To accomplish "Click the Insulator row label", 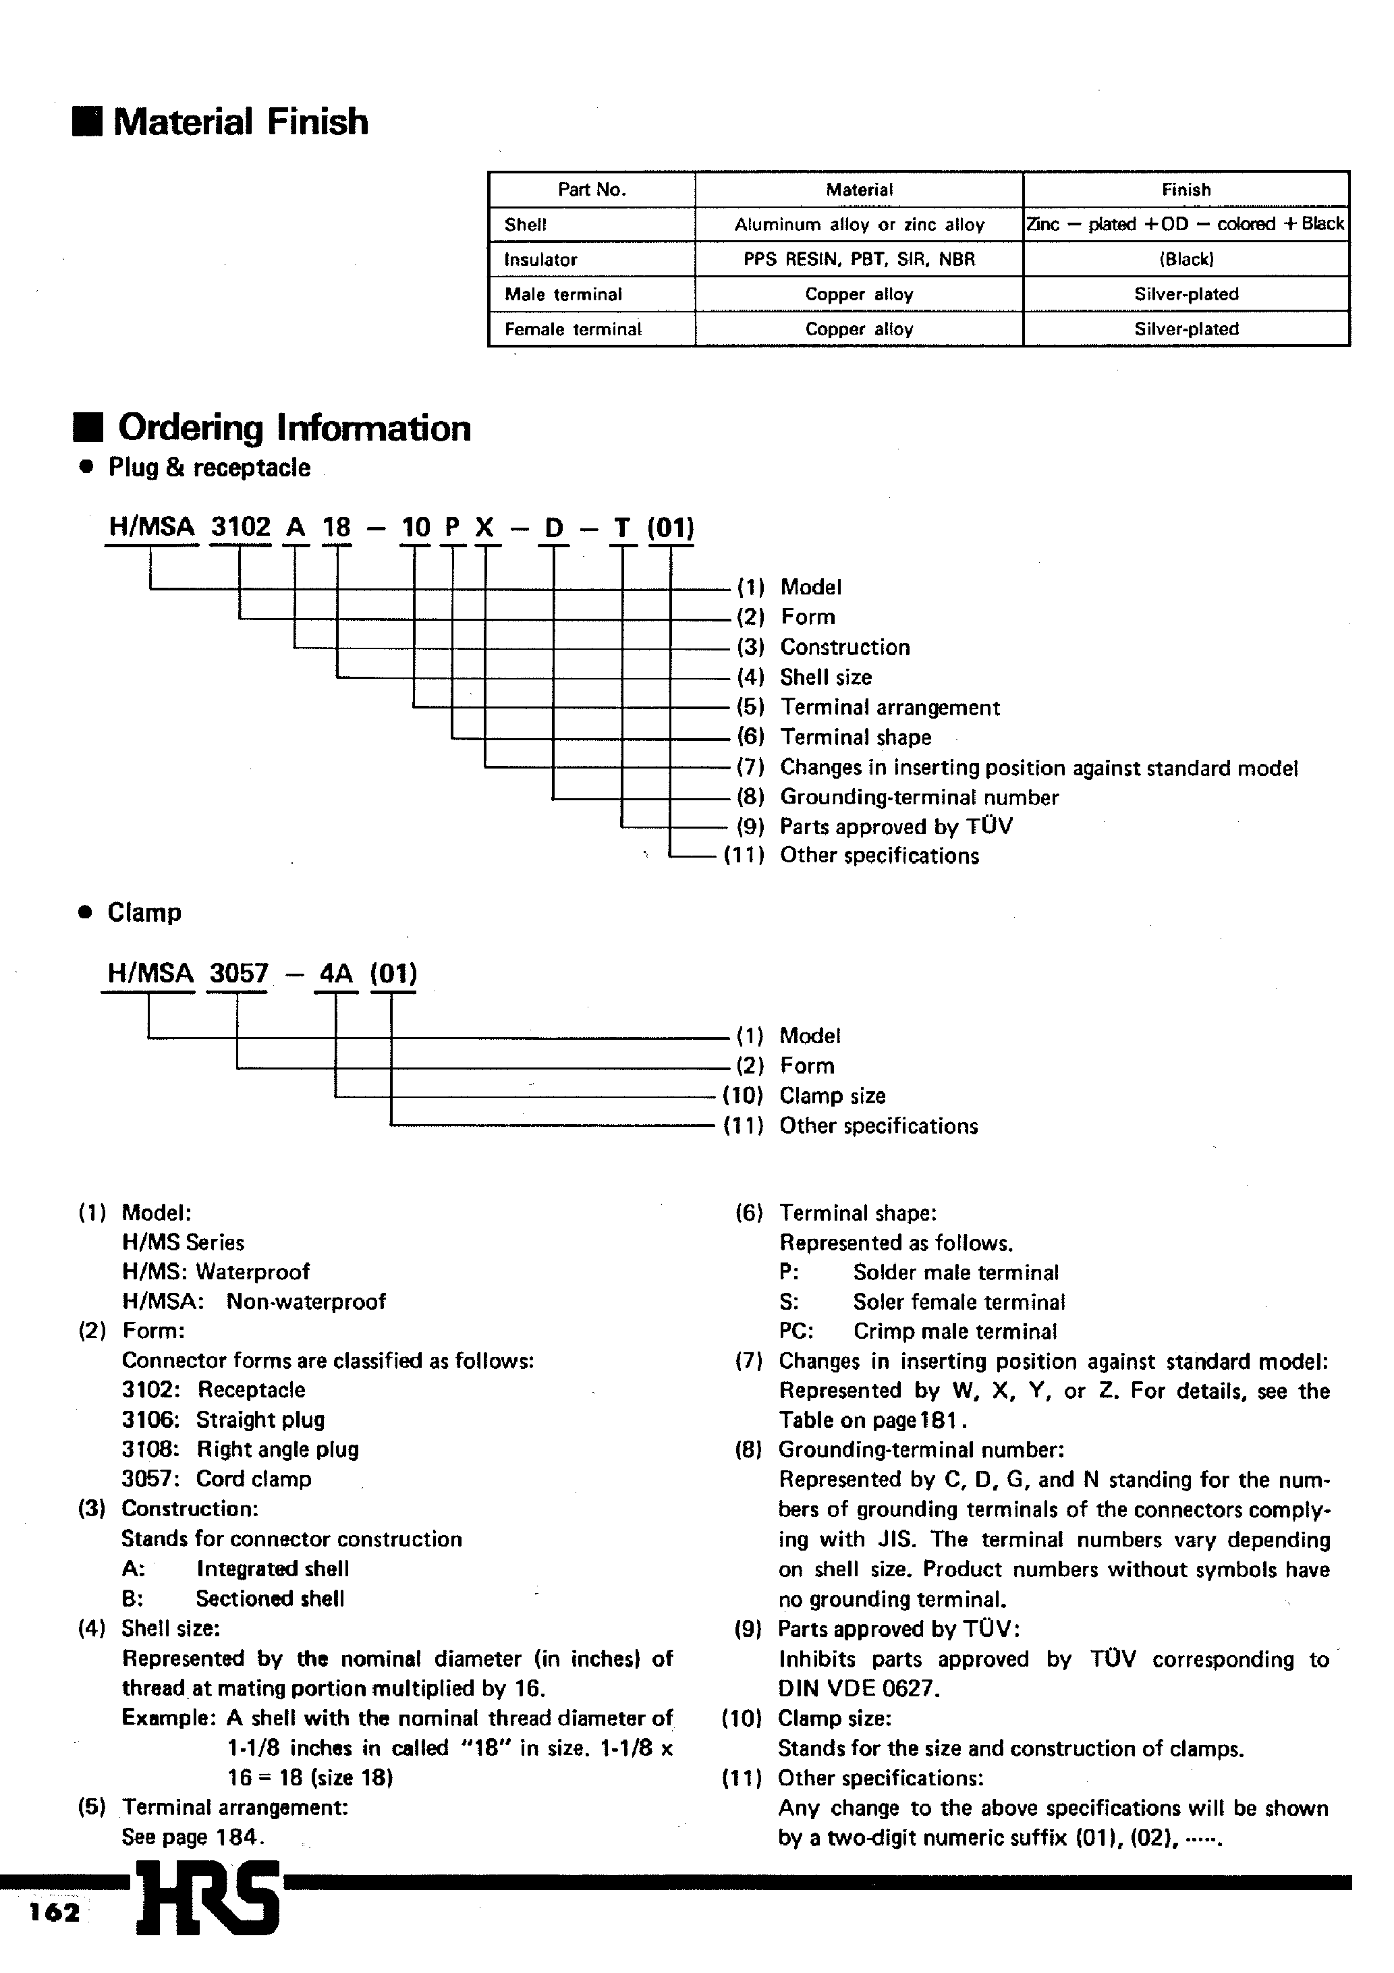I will coord(540,260).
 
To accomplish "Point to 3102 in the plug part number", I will coord(241,527).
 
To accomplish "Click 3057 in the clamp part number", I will coord(239,974).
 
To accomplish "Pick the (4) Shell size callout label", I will coord(804,677).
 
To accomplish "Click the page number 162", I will coord(53,1913).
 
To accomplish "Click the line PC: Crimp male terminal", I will coord(917,1332).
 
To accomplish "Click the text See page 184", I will coord(192,1837).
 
